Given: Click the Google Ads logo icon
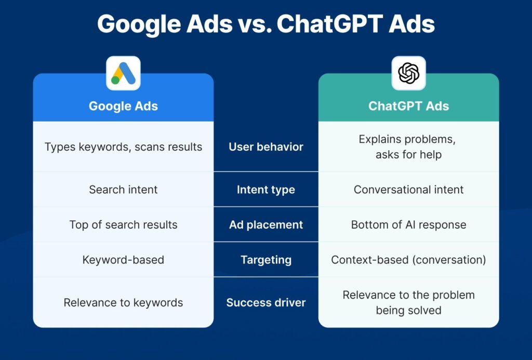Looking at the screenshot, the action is click(x=123, y=73).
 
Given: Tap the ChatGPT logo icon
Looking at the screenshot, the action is click(x=408, y=73).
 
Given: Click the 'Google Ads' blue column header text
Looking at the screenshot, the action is click(x=123, y=106).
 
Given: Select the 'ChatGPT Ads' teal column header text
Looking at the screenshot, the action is click(x=408, y=106).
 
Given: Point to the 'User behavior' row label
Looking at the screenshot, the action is click(x=266, y=147).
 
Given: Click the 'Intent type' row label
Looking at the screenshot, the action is click(x=266, y=190).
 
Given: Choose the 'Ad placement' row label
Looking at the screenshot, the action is click(x=266, y=224).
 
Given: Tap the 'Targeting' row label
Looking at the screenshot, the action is click(x=266, y=260).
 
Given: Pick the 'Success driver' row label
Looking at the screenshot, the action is click(x=266, y=303).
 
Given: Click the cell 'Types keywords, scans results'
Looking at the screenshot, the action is click(x=123, y=147).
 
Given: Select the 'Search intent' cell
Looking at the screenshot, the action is click(x=123, y=190).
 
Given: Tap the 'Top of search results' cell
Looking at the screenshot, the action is click(x=123, y=224).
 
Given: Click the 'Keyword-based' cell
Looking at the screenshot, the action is click(x=123, y=260).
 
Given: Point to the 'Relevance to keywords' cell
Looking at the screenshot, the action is click(x=123, y=303).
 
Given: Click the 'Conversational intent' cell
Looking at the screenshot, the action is click(x=408, y=190).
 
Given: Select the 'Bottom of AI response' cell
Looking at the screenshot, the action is click(x=408, y=224).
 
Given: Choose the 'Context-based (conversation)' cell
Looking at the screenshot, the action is click(x=408, y=260).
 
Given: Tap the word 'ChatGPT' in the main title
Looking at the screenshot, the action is click(x=330, y=24).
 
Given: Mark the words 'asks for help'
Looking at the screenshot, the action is click(x=408, y=155).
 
